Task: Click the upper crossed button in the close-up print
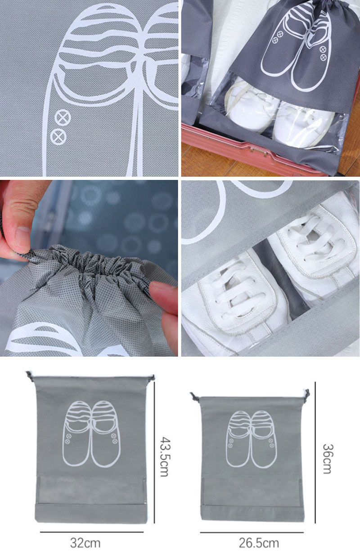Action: click(x=63, y=117)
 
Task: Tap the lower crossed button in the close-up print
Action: click(x=58, y=137)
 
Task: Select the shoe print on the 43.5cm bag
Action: click(x=91, y=434)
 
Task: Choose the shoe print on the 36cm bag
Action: click(x=252, y=439)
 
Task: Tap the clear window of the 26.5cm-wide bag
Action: click(x=252, y=492)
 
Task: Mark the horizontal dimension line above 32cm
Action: click(x=92, y=532)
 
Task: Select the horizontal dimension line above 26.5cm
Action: click(x=252, y=532)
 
